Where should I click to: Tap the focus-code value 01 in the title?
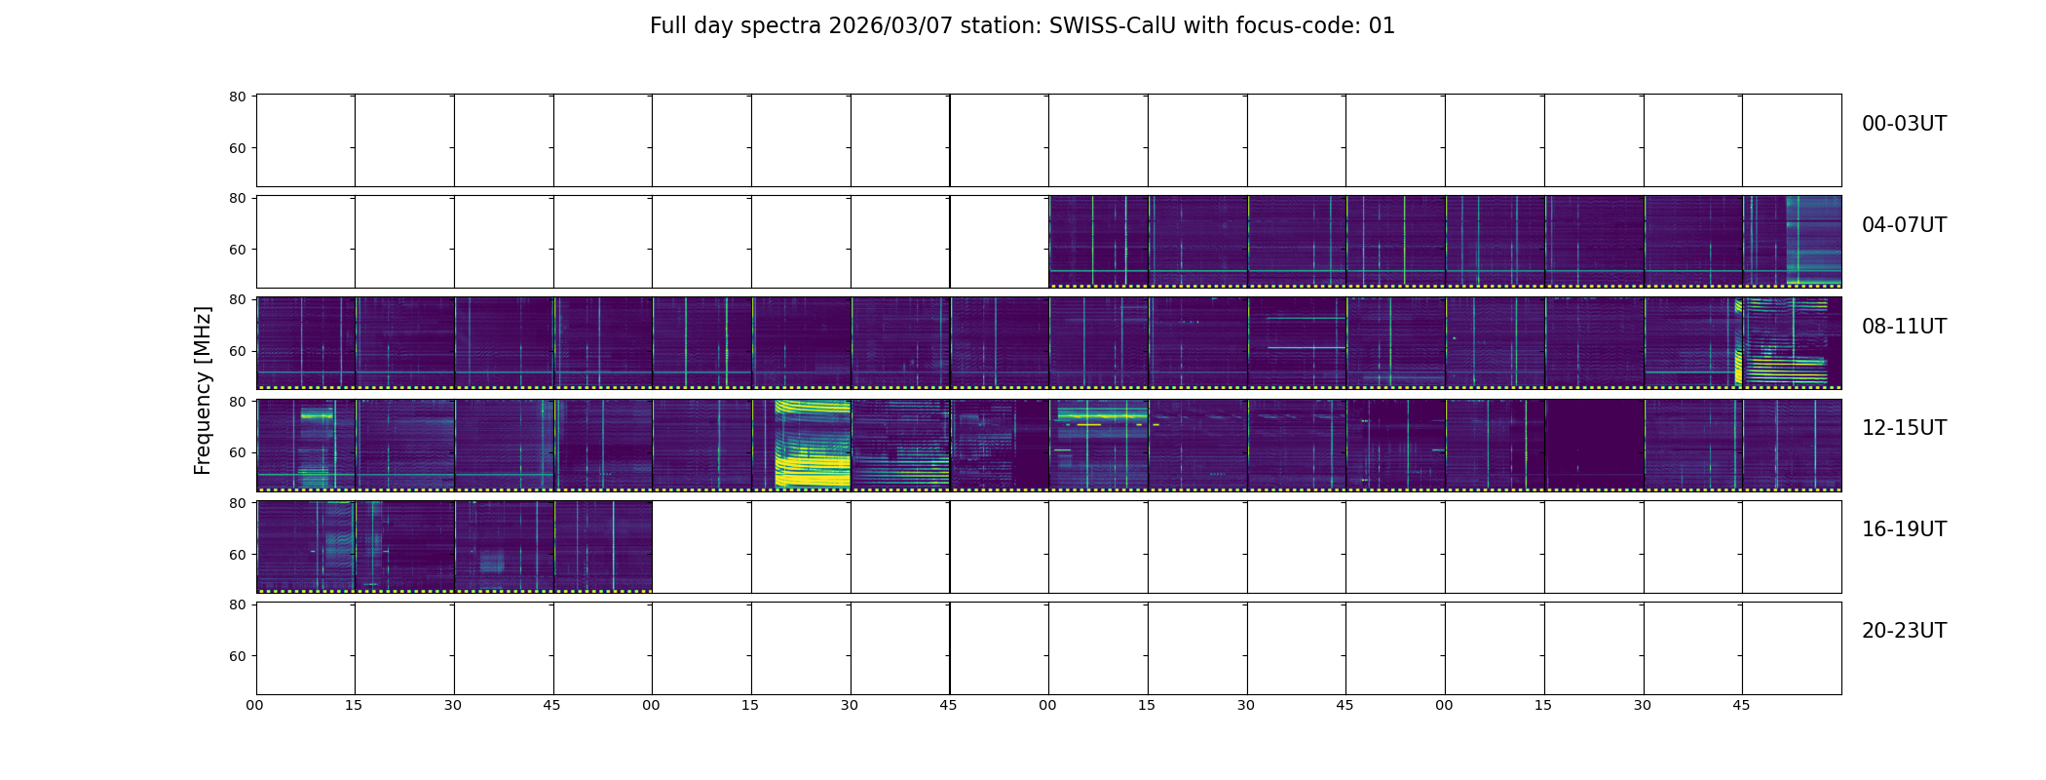pos(1382,26)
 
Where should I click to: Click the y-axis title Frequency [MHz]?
pos(203,390)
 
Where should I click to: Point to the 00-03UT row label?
pos(1904,124)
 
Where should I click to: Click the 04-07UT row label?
pos(1904,225)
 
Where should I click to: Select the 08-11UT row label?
pos(1904,327)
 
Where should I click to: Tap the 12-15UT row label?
pos(1904,428)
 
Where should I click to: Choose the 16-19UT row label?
pos(1904,529)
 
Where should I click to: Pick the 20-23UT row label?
pos(1904,631)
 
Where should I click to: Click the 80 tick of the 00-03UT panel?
pos(238,97)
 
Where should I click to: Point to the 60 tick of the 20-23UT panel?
pos(238,656)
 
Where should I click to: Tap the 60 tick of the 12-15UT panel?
pos(238,453)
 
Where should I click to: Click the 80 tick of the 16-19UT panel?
pos(238,503)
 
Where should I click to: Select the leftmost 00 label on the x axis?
pos(255,705)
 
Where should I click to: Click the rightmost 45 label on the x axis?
pos(1742,705)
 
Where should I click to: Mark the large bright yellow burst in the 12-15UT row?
pos(813,444)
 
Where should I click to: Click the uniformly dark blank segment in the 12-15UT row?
pos(1595,444)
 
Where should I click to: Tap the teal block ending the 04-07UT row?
pos(1813,240)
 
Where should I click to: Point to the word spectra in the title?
pos(782,27)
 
